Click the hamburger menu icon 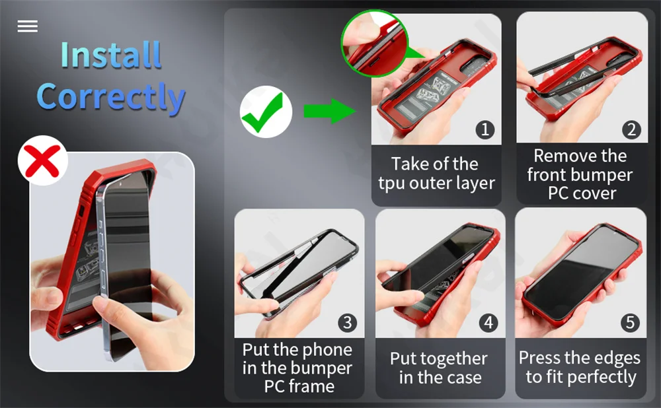pyautogui.click(x=28, y=26)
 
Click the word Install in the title pyautogui.click(x=110, y=55)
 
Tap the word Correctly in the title pyautogui.click(x=110, y=96)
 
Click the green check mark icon pyautogui.click(x=265, y=112)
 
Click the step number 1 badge pyautogui.click(x=485, y=129)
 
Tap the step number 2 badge pyautogui.click(x=631, y=129)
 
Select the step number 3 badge pyautogui.click(x=348, y=323)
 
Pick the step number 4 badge pyautogui.click(x=488, y=323)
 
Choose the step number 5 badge pyautogui.click(x=630, y=323)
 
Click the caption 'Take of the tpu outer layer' pyautogui.click(x=436, y=174)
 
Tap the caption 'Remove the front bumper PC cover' pyautogui.click(x=580, y=175)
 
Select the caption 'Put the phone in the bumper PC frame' pyautogui.click(x=298, y=368)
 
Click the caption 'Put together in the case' pyautogui.click(x=439, y=368)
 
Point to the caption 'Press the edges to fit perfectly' pyautogui.click(x=580, y=368)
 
